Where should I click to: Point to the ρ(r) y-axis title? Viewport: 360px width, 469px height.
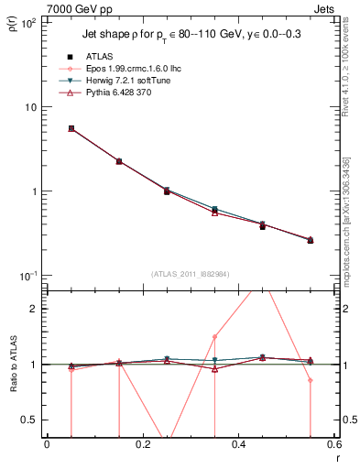point(11,25)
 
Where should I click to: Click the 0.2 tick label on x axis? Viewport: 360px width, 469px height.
point(142,446)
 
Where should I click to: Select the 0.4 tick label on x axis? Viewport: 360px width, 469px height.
point(238,446)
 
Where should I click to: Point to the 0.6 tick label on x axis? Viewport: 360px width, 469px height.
point(333,446)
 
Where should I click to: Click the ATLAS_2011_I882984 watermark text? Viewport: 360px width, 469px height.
point(191,274)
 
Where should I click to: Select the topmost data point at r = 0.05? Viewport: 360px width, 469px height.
point(71,128)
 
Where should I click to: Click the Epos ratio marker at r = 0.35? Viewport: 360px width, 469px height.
point(214,336)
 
